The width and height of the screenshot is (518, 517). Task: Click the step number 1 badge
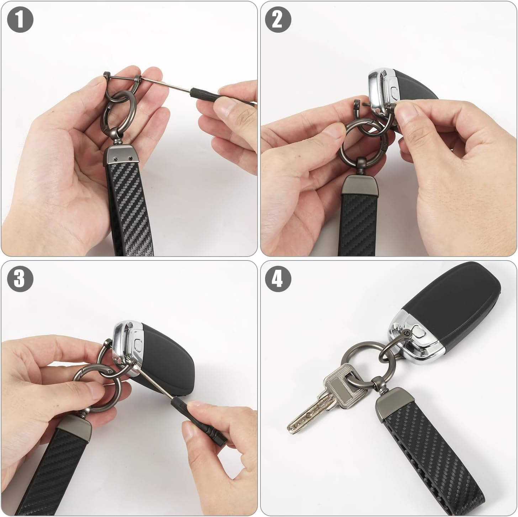pyautogui.click(x=20, y=20)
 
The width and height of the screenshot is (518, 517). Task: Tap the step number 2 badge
pyautogui.click(x=278, y=20)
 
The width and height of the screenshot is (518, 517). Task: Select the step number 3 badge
pyautogui.click(x=20, y=278)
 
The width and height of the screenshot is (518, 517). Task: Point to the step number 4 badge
pyautogui.click(x=278, y=278)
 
